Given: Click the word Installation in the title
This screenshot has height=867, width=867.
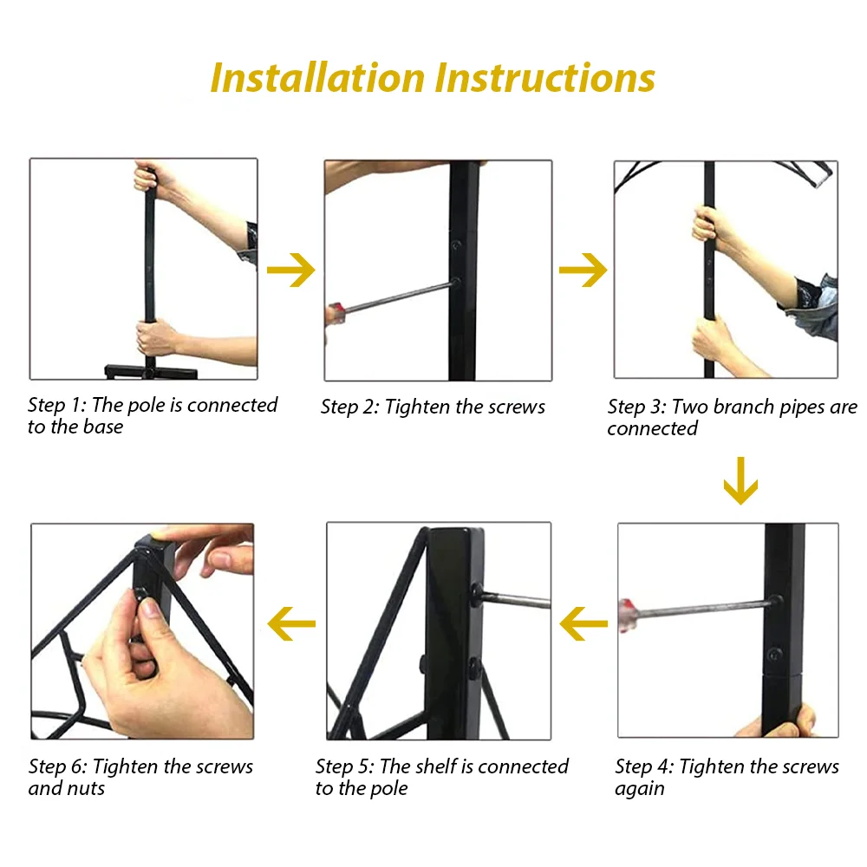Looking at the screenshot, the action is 317,77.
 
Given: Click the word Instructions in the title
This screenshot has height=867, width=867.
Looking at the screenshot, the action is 545,77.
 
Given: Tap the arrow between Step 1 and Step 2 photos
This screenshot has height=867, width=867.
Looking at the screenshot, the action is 290,270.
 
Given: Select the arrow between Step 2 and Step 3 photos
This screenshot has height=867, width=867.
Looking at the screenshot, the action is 583,270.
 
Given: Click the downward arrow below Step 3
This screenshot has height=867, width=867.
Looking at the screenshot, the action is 740,480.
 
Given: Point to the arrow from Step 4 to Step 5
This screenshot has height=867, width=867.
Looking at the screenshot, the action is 583,623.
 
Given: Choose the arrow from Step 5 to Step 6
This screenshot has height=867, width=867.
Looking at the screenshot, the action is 291,623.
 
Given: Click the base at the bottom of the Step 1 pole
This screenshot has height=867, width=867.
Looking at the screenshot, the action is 150,372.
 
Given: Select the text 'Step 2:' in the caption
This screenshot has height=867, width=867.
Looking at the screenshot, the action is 350,407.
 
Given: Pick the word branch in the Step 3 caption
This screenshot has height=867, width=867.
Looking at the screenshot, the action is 744,407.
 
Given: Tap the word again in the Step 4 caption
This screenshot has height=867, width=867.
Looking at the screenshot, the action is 640,789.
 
